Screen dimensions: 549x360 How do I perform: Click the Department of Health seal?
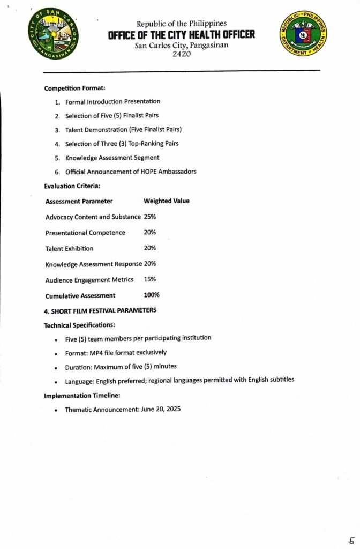coord(303,34)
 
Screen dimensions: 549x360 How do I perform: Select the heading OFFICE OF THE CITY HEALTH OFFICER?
coord(181,35)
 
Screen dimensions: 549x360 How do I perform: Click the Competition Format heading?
coord(71,88)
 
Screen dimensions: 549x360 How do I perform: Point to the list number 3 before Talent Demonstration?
coord(57,130)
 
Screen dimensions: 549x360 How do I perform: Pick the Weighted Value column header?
coord(166,201)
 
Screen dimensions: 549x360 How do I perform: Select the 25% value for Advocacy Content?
coord(150,217)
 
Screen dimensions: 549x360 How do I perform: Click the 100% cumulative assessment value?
coord(152,295)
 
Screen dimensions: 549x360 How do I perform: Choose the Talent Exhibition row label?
coord(69,248)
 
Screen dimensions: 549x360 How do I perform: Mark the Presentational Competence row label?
coord(85,233)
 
